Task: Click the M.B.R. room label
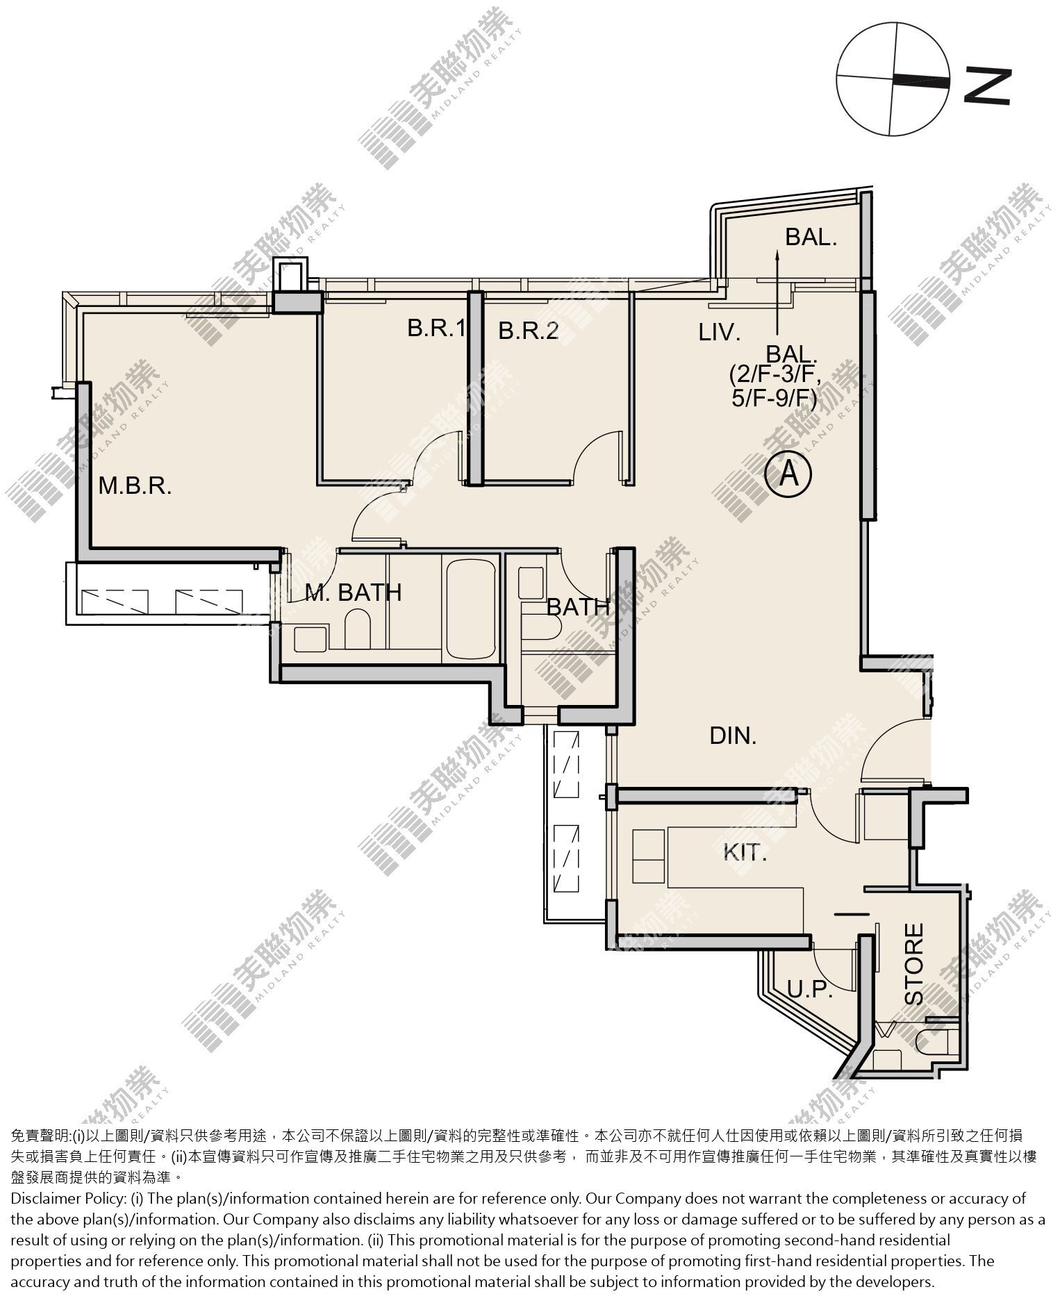135,485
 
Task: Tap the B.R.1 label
436,329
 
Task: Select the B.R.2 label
529,331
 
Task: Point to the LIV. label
720,333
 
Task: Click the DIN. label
733,736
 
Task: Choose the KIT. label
745,852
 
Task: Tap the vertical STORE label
914,963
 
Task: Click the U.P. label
809,989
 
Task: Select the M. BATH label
354,592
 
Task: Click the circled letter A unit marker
788,475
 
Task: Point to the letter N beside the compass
987,86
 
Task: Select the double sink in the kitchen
648,856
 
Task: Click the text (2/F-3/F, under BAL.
775,376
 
